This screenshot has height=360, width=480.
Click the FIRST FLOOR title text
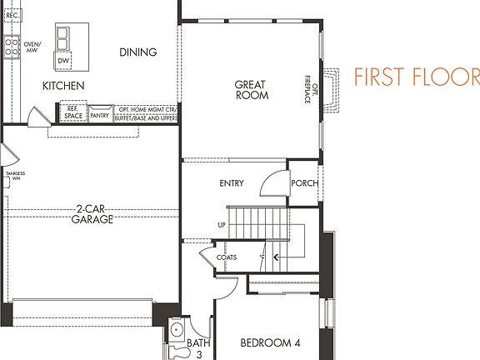[417, 77]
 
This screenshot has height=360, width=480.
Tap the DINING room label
[137, 52]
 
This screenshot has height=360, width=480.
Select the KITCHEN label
[64, 86]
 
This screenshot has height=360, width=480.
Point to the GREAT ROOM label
[251, 89]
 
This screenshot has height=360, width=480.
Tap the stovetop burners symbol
[12, 47]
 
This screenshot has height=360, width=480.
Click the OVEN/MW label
[32, 47]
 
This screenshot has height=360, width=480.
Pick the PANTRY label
[100, 116]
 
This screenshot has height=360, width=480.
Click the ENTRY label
[231, 183]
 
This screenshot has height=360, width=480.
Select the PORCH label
[304, 183]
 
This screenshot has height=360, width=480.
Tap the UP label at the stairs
[221, 225]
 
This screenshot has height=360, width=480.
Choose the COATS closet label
[227, 257]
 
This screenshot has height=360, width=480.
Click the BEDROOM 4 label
[269, 342]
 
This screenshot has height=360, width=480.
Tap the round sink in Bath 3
[176, 332]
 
